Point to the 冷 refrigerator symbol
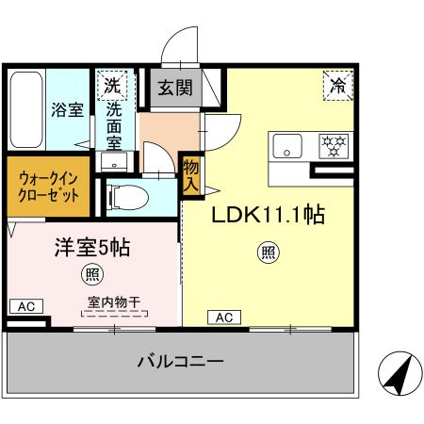coord(338,86)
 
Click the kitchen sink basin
coord(287,146)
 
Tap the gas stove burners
coord(334,146)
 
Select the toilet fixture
coord(126,198)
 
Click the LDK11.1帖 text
coord(268,216)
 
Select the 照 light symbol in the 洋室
coord(91,275)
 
